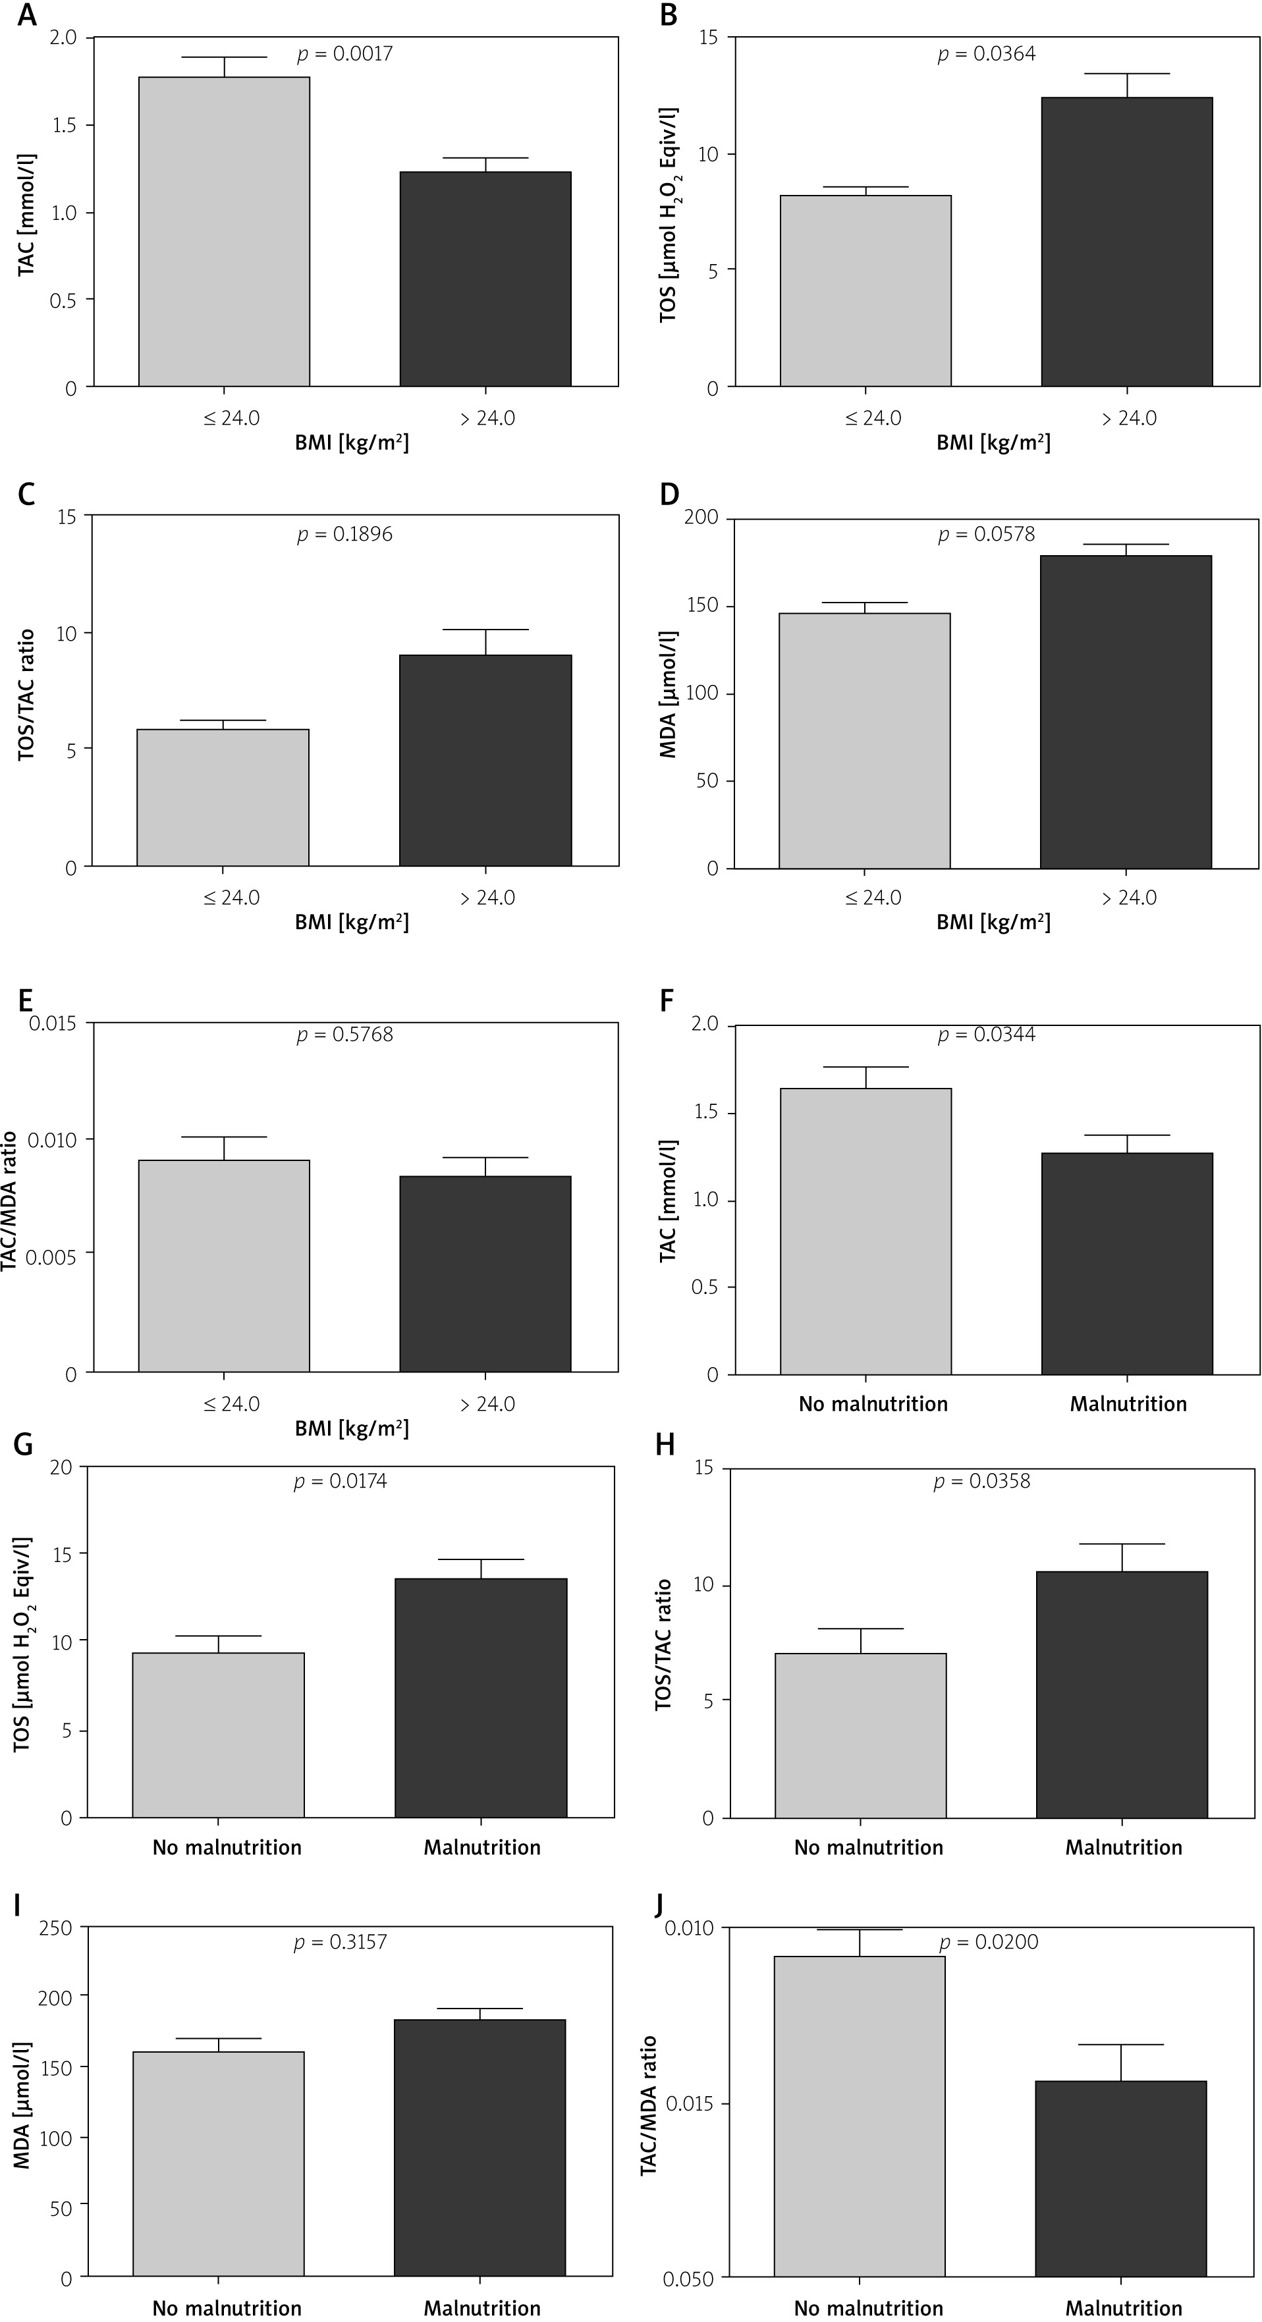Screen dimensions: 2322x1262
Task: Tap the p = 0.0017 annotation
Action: click(345, 54)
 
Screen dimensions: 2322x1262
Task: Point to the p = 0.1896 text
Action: click(345, 535)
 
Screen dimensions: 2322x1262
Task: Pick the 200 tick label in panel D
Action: click(701, 518)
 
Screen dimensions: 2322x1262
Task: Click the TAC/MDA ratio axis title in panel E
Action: click(11, 1198)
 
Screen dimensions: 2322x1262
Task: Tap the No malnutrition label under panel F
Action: click(873, 1403)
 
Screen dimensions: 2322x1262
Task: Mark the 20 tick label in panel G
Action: click(61, 1467)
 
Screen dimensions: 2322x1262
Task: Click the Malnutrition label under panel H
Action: click(1123, 1847)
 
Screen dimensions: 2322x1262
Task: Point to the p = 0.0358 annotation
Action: click(981, 1481)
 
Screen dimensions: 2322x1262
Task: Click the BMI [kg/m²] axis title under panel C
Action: click(352, 923)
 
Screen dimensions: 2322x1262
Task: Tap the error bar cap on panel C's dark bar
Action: click(486, 629)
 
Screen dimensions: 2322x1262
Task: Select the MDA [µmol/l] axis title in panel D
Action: click(669, 693)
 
